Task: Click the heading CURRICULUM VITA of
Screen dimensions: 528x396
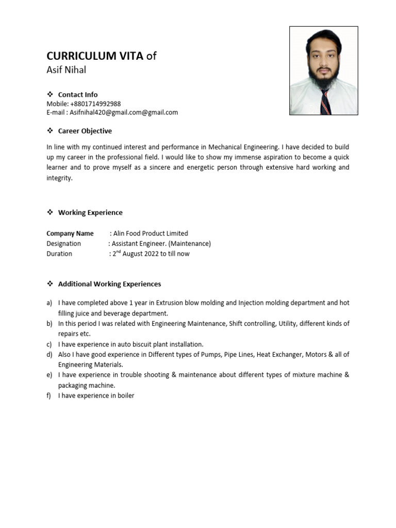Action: pyautogui.click(x=101, y=56)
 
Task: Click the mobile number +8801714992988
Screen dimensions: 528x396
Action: pyautogui.click(x=95, y=104)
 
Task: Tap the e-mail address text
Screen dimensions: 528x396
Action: pyautogui.click(x=124, y=112)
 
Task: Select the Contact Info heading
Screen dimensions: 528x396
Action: pyautogui.click(x=77, y=94)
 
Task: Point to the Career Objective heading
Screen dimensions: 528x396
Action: pyautogui.click(x=85, y=131)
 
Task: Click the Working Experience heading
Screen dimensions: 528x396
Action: pyautogui.click(x=90, y=212)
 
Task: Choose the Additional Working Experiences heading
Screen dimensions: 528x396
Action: pyautogui.click(x=109, y=284)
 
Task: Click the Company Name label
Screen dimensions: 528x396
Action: pyautogui.click(x=70, y=233)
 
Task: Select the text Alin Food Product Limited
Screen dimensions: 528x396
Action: pyautogui.click(x=151, y=233)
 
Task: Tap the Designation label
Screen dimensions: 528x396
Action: pyautogui.click(x=63, y=243)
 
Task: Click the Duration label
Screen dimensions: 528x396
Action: pyautogui.click(x=59, y=254)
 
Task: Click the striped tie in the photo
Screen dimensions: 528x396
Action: pyautogui.click(x=325, y=102)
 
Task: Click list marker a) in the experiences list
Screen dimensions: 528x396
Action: pyautogui.click(x=49, y=303)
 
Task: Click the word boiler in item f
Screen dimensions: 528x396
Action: pyautogui.click(x=125, y=396)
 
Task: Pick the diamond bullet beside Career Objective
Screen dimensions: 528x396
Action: pyautogui.click(x=50, y=131)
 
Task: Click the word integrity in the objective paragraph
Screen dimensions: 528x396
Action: pyautogui.click(x=59, y=178)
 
